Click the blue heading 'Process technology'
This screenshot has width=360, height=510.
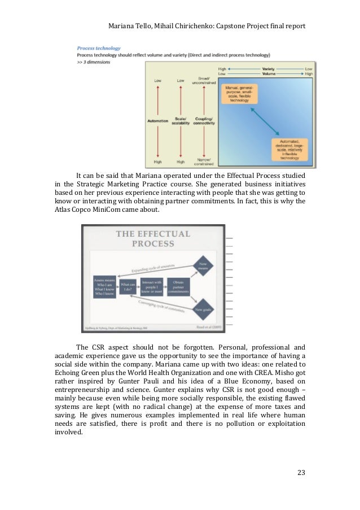tap(99, 48)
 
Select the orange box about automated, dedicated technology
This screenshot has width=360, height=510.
tap(292, 149)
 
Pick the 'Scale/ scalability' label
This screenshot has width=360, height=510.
tap(181, 122)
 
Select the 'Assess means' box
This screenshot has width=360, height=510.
tap(104, 287)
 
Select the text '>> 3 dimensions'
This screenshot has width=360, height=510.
tap(94, 62)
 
